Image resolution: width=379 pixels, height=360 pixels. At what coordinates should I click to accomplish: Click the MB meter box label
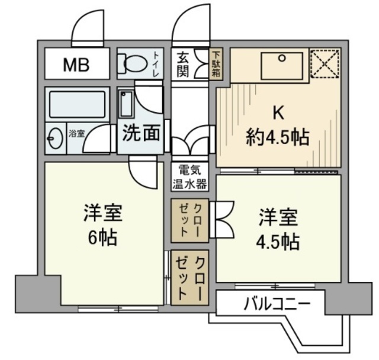pos(76,65)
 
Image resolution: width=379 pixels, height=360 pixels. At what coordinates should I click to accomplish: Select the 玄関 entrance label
pos(182,63)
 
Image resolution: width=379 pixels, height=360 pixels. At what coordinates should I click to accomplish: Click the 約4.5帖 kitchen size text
pos(277,137)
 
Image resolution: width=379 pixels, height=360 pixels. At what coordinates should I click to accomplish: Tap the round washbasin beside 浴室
pos(55,139)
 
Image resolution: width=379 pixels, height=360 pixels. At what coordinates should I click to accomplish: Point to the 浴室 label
pos(76,133)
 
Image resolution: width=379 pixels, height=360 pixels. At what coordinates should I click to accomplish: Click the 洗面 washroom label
pos(140,133)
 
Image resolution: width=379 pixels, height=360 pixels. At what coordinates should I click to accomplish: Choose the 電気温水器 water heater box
pos(189,176)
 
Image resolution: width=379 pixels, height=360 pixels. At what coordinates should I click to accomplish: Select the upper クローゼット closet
pos(189,220)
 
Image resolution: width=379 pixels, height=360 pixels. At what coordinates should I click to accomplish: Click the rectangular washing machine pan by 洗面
pos(125,105)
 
